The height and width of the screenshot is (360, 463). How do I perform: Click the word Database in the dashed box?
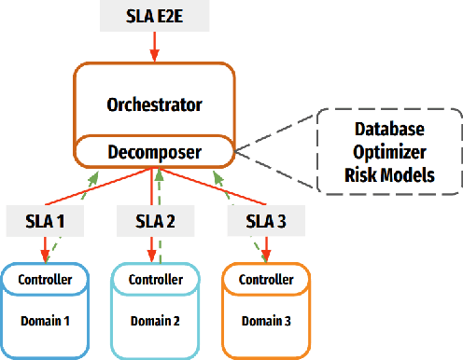pos(389,130)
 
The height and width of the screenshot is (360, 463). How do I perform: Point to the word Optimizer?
pos(389,151)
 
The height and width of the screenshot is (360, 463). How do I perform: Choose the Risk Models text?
pos(389,173)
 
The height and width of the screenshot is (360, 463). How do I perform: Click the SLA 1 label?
pos(45,222)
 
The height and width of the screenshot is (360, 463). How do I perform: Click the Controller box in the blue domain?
pos(45,278)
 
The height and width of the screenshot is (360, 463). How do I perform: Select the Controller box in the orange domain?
pos(265,278)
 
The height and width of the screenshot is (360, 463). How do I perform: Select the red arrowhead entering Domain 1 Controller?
pos(44,258)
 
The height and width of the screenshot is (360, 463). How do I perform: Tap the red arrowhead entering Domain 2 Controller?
pos(149,258)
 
